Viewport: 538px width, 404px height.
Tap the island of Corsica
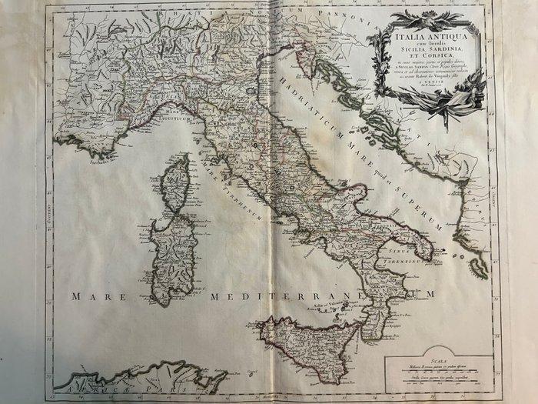[178, 185]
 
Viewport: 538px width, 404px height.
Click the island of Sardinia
[174, 258]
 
